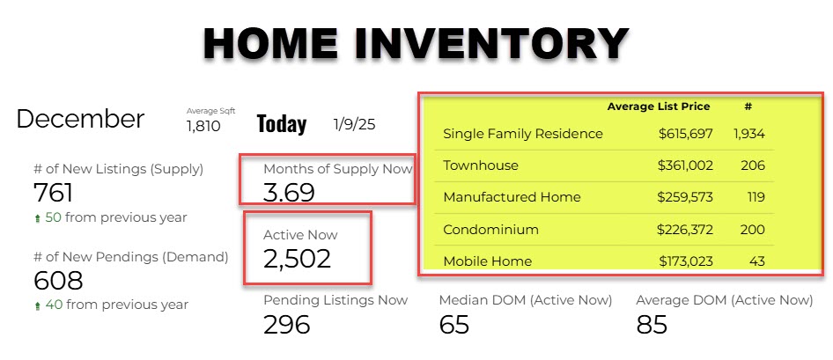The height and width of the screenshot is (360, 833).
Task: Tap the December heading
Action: (x=80, y=119)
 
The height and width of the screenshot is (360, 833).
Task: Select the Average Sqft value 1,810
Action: (x=203, y=127)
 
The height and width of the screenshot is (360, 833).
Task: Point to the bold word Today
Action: (x=282, y=124)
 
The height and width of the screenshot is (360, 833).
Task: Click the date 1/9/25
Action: (x=354, y=124)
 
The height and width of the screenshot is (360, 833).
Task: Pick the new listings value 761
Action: (x=53, y=193)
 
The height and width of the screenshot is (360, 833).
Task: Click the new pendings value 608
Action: (x=58, y=281)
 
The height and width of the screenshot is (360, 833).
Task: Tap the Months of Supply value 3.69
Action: (x=289, y=193)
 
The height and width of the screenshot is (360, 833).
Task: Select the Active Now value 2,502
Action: (x=297, y=259)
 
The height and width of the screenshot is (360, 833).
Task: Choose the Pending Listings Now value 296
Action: (x=287, y=325)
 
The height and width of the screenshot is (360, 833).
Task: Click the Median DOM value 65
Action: (x=454, y=325)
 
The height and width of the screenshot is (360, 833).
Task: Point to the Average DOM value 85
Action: (x=652, y=325)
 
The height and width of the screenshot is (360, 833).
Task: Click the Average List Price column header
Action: (x=659, y=107)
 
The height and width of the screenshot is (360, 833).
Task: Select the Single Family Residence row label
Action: (x=523, y=134)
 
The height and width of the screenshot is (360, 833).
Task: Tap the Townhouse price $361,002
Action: (x=685, y=165)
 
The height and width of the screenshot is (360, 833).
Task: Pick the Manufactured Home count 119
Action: (x=755, y=197)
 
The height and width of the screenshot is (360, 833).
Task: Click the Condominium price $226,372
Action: (x=685, y=230)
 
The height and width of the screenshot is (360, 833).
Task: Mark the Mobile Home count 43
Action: (x=757, y=261)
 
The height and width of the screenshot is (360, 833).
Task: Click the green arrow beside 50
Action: (x=37, y=219)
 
